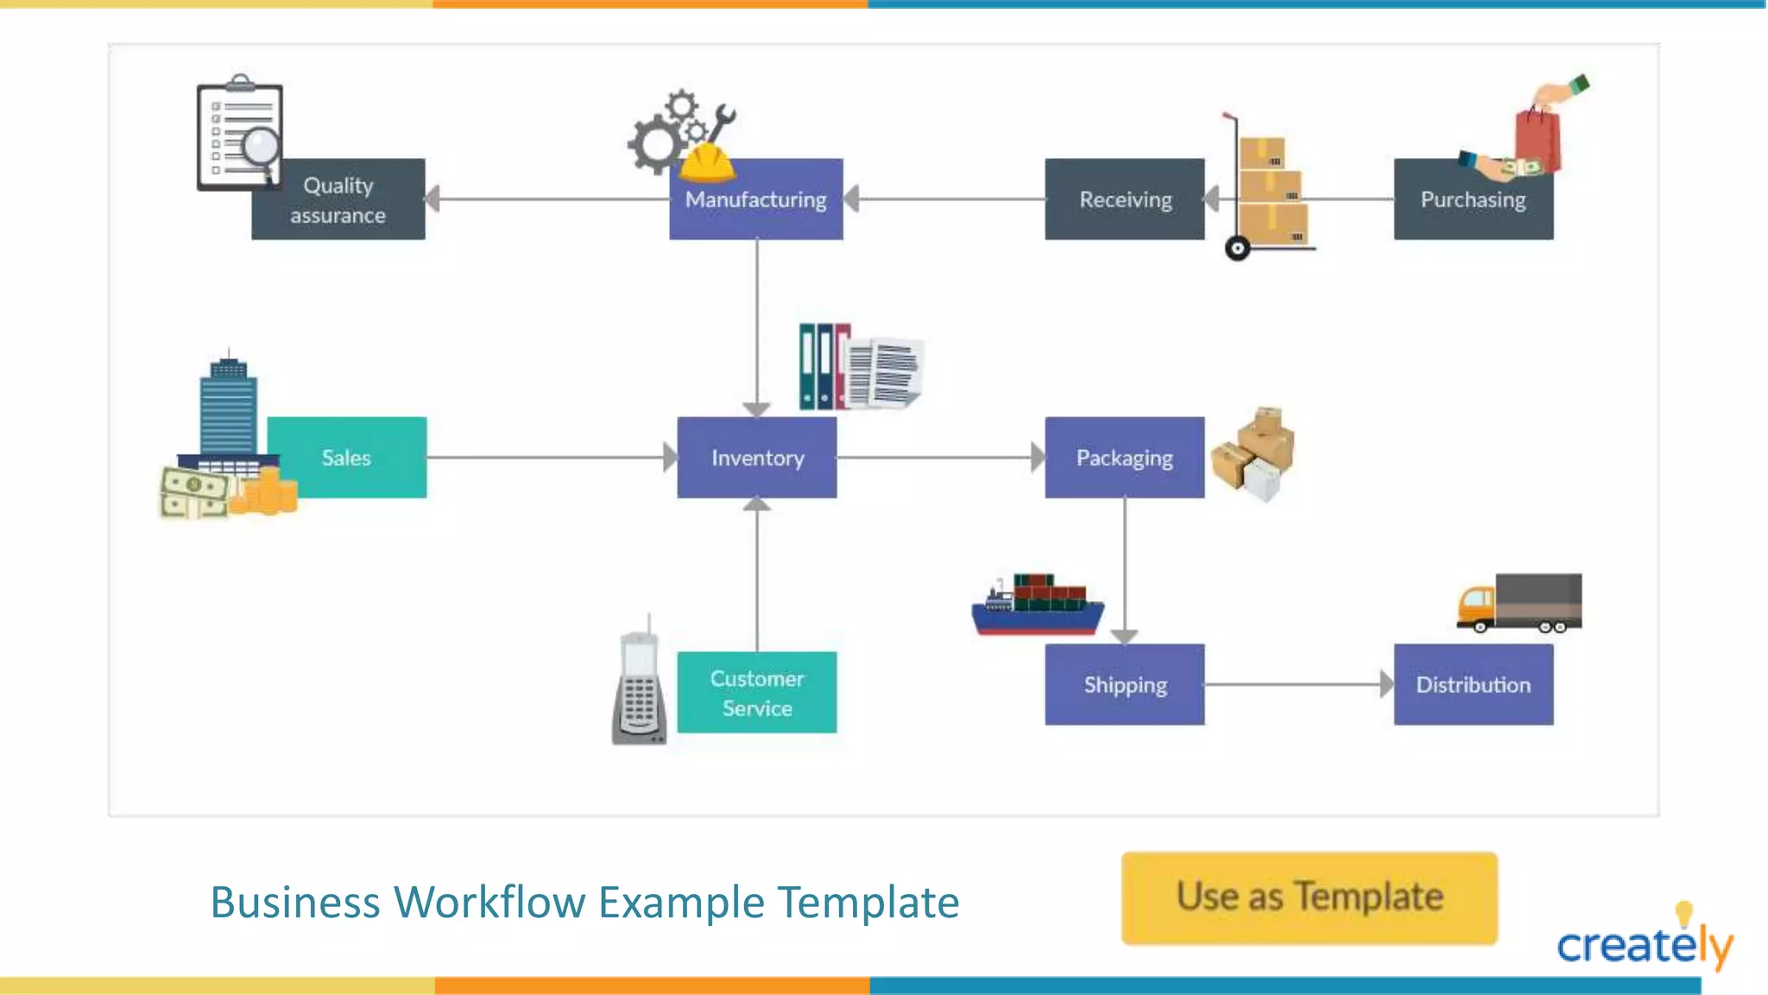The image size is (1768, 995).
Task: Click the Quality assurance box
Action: click(338, 200)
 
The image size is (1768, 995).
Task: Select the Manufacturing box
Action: click(756, 200)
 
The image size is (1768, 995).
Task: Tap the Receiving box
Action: click(1124, 200)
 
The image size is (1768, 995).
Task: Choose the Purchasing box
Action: click(1473, 200)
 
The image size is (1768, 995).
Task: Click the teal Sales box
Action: click(347, 458)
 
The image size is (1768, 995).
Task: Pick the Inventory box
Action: click(757, 458)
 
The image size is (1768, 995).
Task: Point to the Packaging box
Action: click(1124, 458)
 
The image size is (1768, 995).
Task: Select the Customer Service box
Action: click(757, 693)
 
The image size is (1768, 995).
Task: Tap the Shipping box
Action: click(1124, 685)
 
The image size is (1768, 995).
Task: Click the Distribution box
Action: click(1473, 685)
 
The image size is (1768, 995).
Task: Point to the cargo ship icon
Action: click(1038, 605)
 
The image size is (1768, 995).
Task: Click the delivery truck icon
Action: click(1519, 603)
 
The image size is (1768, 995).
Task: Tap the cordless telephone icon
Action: click(639, 687)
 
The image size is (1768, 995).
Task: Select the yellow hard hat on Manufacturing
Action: click(707, 162)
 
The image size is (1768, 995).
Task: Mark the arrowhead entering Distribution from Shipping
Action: click(1386, 685)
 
